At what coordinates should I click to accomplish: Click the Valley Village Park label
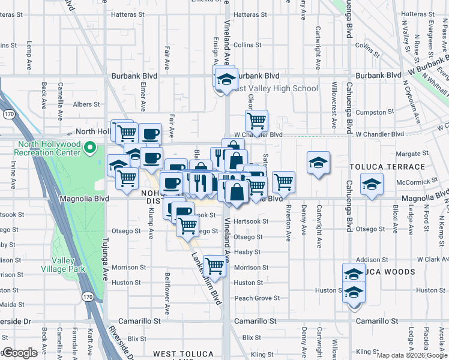click(71, 265)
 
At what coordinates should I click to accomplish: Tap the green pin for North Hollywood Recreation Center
click(90, 146)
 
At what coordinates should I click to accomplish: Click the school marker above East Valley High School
click(226, 79)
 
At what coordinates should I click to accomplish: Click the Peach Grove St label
click(257, 298)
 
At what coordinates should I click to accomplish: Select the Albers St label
click(86, 104)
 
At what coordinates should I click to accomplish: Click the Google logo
click(20, 353)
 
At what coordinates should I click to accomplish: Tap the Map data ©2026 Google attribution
click(412, 355)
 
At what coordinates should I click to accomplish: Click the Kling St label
click(367, 352)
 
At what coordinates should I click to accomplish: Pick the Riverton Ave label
click(289, 223)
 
